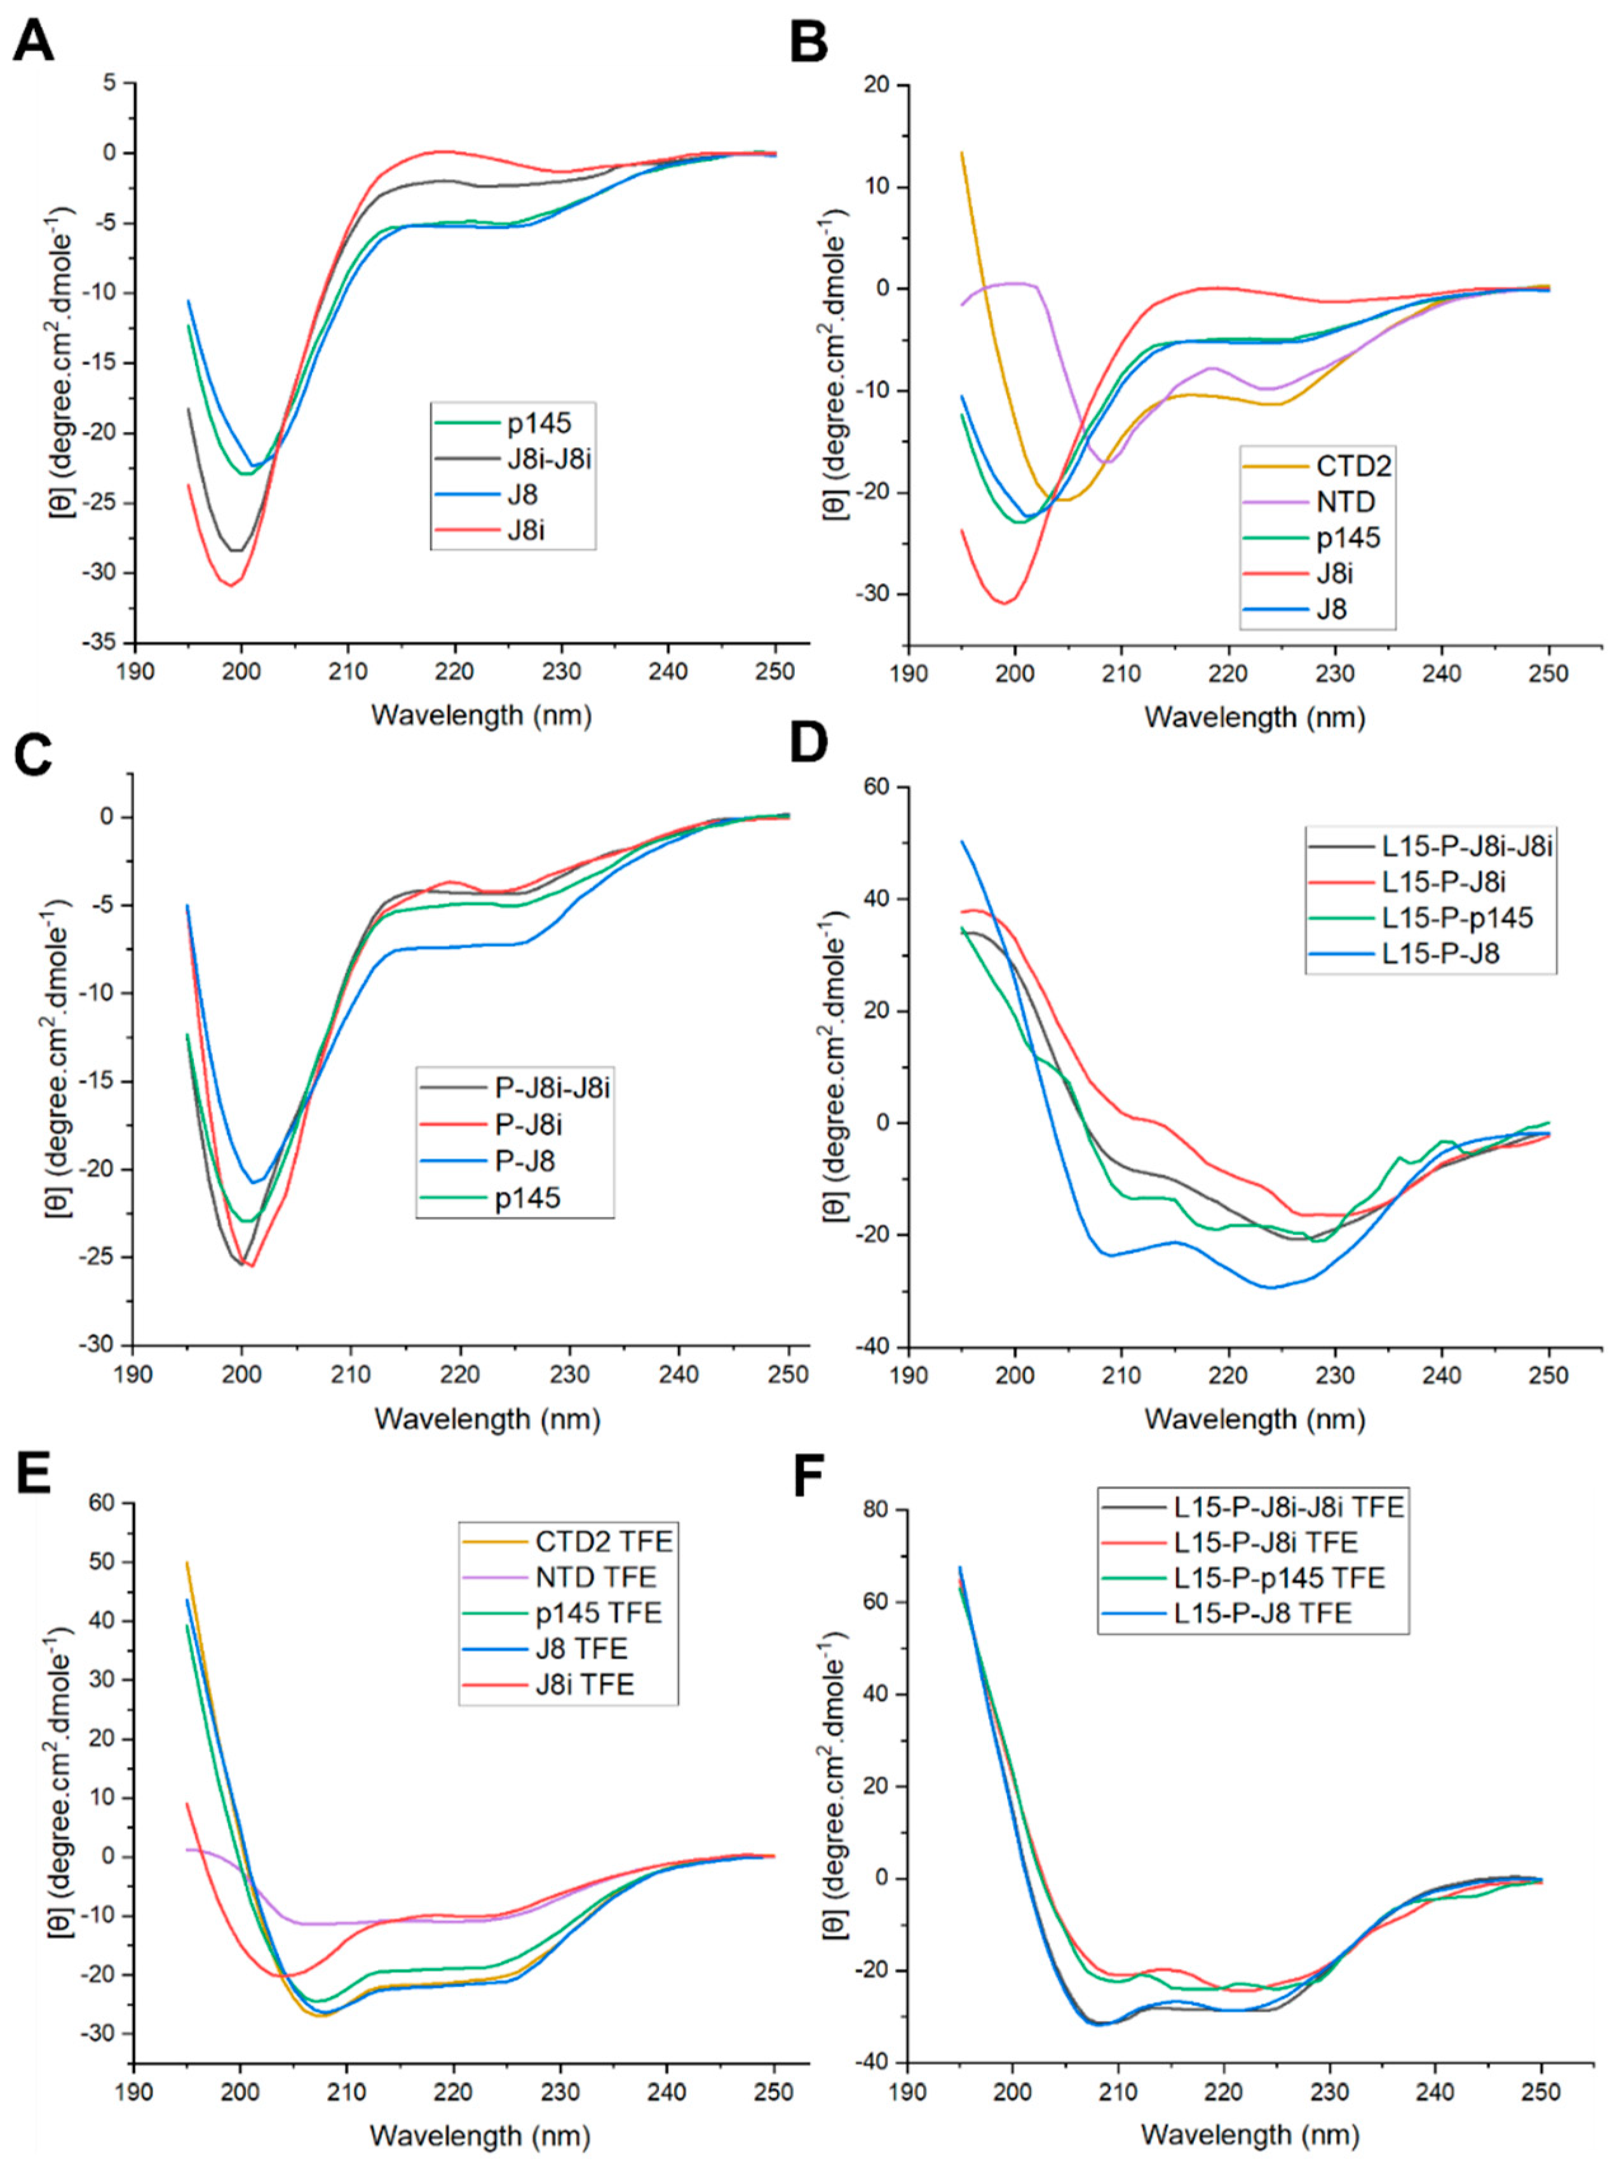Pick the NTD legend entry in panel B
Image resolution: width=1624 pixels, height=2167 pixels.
coord(1346,502)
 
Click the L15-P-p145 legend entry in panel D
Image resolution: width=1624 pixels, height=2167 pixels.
coord(1456,917)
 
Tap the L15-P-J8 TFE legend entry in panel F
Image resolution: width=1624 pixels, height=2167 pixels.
coord(1262,1613)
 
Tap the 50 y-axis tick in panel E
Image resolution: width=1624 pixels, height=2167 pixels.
coord(102,1562)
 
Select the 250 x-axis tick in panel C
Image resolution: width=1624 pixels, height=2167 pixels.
coord(787,1376)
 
